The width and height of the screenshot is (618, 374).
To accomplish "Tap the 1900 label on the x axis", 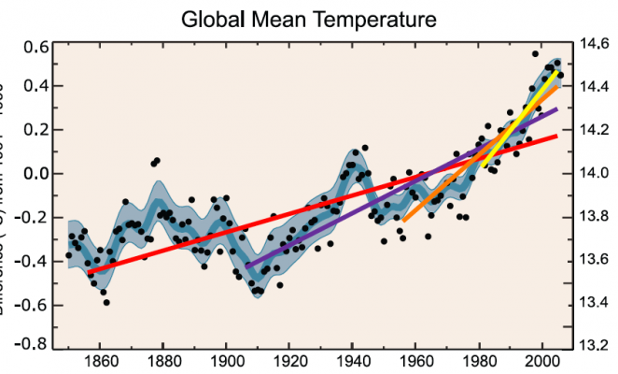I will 227,361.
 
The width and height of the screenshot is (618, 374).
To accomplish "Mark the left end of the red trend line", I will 90,271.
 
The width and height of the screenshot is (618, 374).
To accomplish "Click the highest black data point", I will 536,53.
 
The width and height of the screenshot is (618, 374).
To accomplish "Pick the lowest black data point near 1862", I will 106,302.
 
